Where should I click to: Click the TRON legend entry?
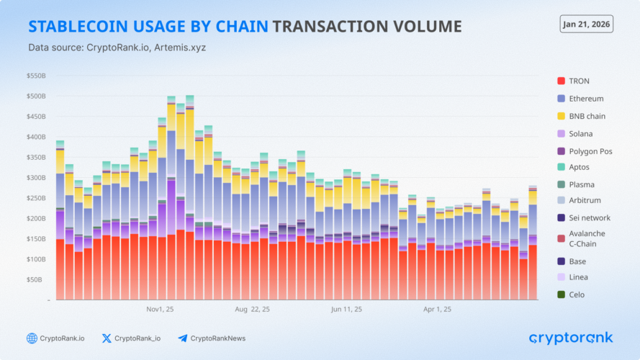[579, 81]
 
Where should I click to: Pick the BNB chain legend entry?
[586, 116]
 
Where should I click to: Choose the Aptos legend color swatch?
[562, 167]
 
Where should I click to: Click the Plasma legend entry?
[581, 184]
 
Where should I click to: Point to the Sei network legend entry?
[589, 217]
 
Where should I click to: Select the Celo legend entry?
[576, 294]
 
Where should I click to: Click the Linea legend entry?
[577, 277]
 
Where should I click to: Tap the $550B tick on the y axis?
[36, 76]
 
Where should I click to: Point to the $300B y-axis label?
[36, 177]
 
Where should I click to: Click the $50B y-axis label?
[37, 279]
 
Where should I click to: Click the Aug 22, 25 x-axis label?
[252, 310]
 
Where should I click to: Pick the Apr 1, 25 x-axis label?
[438, 310]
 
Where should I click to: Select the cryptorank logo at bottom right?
[571, 338]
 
